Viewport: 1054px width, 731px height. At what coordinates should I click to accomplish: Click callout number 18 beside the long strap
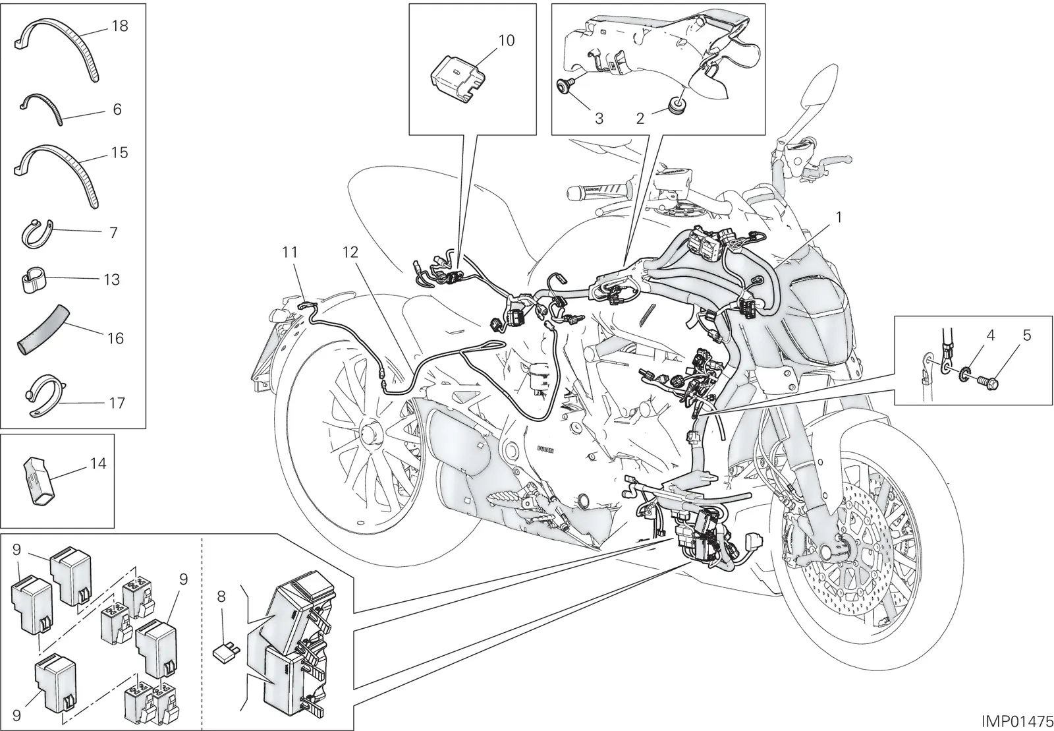[x=120, y=26]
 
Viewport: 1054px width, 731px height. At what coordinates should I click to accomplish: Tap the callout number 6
[x=117, y=109]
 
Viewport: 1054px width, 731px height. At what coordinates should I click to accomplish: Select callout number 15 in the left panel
[x=119, y=152]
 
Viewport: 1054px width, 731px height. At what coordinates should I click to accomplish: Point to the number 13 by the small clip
[x=112, y=279]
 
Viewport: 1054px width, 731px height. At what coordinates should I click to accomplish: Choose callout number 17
[x=117, y=403]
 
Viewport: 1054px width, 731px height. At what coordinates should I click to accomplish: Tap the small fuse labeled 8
[x=227, y=653]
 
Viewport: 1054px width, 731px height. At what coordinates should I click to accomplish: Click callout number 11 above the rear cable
[x=290, y=252]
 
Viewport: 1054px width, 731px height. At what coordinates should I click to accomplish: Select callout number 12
[x=350, y=252]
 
